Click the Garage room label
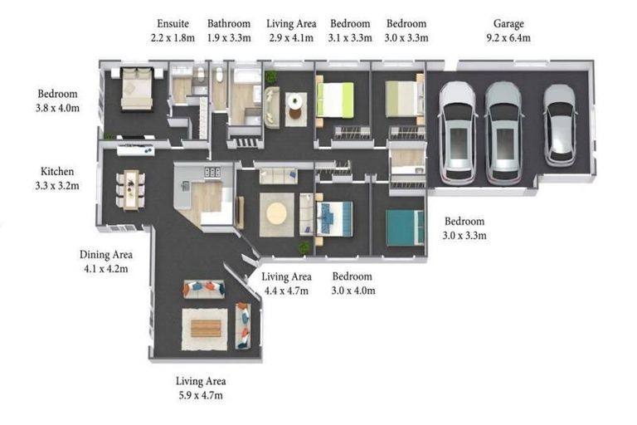(508, 24)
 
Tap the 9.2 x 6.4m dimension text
(508, 38)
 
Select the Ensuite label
(173, 23)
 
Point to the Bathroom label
(229, 23)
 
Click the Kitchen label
(57, 172)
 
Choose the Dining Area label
(105, 255)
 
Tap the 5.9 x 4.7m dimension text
(201, 395)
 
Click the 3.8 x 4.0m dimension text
(57, 108)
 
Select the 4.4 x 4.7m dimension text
(286, 291)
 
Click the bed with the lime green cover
(335, 100)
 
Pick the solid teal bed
(405, 227)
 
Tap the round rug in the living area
(277, 213)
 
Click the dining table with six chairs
(131, 190)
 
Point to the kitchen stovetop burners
(212, 172)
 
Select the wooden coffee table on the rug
(206, 329)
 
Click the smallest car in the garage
(560, 125)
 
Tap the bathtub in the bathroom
(246, 76)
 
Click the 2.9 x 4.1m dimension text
(291, 38)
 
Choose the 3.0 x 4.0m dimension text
(353, 291)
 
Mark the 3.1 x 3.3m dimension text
(350, 38)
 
